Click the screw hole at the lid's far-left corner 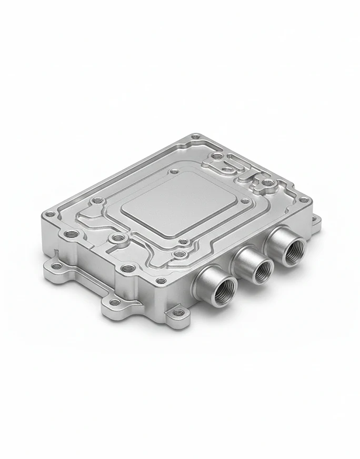(50, 214)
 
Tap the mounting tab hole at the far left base (56, 266)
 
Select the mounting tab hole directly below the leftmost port (180, 312)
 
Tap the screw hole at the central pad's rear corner (174, 171)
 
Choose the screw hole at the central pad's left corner (98, 201)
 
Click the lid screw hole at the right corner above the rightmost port (303, 200)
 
